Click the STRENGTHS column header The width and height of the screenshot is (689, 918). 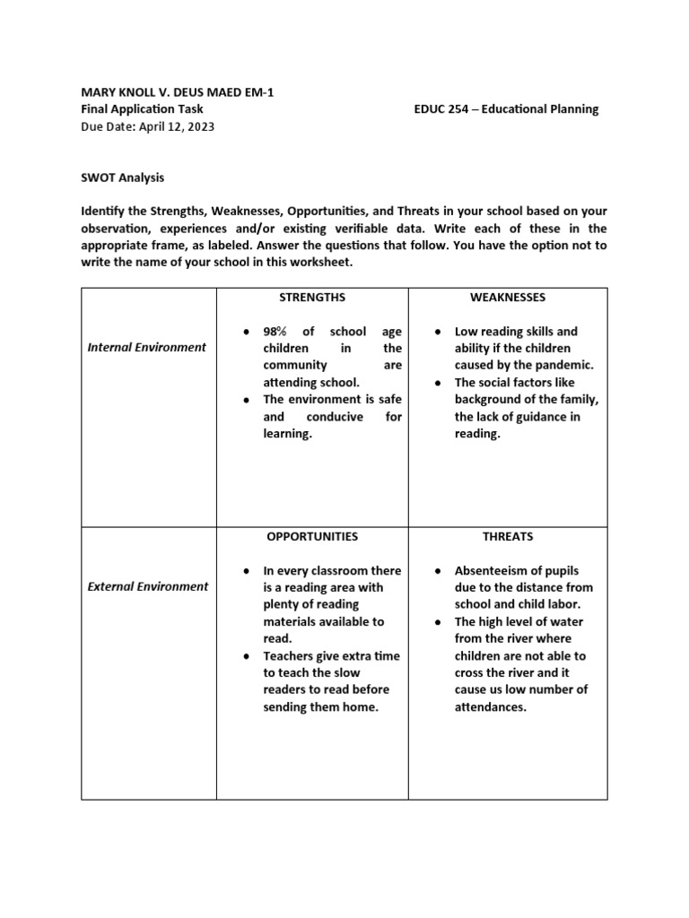[312, 297]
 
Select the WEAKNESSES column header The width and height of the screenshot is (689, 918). [508, 297]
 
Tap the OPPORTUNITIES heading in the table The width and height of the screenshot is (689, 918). [312, 536]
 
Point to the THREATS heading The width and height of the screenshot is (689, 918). [508, 536]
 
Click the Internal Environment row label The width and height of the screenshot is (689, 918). [146, 347]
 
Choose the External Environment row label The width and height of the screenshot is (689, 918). [147, 586]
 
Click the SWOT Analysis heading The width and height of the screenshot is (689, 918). [123, 178]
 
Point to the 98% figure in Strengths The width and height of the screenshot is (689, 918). [276, 332]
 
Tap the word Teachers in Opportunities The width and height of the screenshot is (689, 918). [291, 655]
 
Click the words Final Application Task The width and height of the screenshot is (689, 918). [143, 109]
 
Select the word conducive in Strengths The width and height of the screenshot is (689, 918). [335, 417]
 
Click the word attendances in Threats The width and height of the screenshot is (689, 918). [490, 706]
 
